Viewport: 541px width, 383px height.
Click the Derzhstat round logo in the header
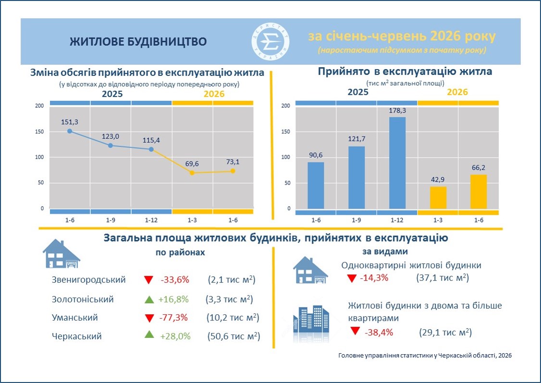coord(270,42)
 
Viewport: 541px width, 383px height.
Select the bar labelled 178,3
coord(397,163)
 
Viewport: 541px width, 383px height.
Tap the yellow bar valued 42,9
coord(438,198)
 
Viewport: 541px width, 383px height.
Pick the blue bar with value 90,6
coord(316,185)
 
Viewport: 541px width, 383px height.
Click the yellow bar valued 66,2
coord(479,192)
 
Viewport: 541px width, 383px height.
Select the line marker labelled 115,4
coord(151,149)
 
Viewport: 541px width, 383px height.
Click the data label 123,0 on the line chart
coord(111,136)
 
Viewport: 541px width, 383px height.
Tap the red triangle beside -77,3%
coord(149,318)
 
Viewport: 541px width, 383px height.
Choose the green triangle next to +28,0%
coord(149,334)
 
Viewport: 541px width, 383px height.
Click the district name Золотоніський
coord(83,299)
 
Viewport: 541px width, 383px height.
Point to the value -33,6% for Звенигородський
coord(175,280)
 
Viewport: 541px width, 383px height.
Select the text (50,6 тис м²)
coord(234,336)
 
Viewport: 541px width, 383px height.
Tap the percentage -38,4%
coord(379,333)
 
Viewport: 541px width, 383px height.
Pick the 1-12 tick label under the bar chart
coord(397,220)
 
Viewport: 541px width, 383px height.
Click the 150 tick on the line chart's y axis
coord(40,132)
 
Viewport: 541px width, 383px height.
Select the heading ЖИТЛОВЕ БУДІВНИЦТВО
coord(138,42)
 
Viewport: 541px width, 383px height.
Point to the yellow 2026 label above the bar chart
coord(457,92)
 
